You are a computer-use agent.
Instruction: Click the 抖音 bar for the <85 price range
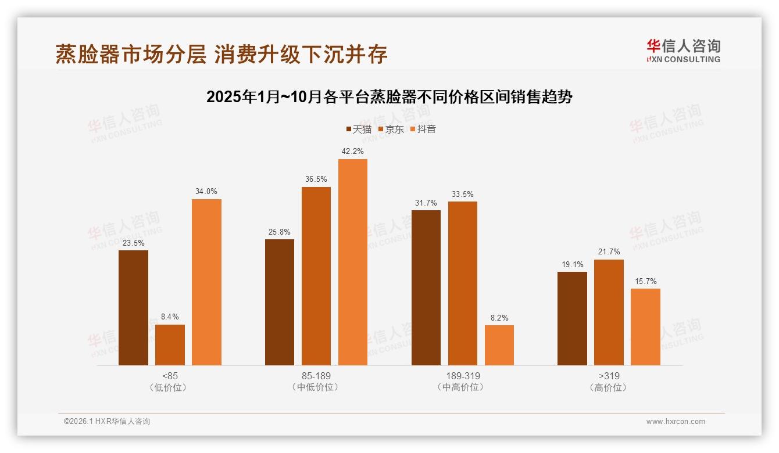pyautogui.click(x=206, y=282)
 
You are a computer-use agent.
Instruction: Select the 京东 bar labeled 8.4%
pyautogui.click(x=170, y=345)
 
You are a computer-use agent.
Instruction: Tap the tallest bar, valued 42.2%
pyautogui.click(x=353, y=262)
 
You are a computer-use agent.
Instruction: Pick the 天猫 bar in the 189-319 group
pyautogui.click(x=426, y=287)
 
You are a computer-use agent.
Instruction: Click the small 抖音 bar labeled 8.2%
pyautogui.click(x=499, y=345)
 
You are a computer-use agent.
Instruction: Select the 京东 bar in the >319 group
pyautogui.click(x=609, y=312)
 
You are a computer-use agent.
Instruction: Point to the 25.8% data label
pyautogui.click(x=280, y=232)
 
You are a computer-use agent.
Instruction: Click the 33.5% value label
pyautogui.click(x=463, y=194)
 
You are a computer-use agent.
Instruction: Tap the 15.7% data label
pyautogui.click(x=645, y=281)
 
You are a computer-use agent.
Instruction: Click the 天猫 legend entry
pyautogui.click(x=359, y=129)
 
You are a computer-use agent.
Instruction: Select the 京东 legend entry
pyautogui.click(x=391, y=129)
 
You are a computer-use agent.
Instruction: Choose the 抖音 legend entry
pyautogui.click(x=423, y=129)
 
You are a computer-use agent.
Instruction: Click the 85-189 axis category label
pyautogui.click(x=316, y=376)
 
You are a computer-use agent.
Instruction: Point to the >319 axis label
pyautogui.click(x=609, y=376)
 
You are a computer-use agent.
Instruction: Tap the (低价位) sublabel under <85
pyautogui.click(x=170, y=387)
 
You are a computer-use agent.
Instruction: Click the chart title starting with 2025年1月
pyautogui.click(x=389, y=97)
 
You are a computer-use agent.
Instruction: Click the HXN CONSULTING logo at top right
pyautogui.click(x=683, y=51)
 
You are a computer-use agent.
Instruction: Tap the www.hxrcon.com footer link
pyautogui.click(x=676, y=422)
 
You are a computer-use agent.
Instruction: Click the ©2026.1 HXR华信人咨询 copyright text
pyautogui.click(x=107, y=422)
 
